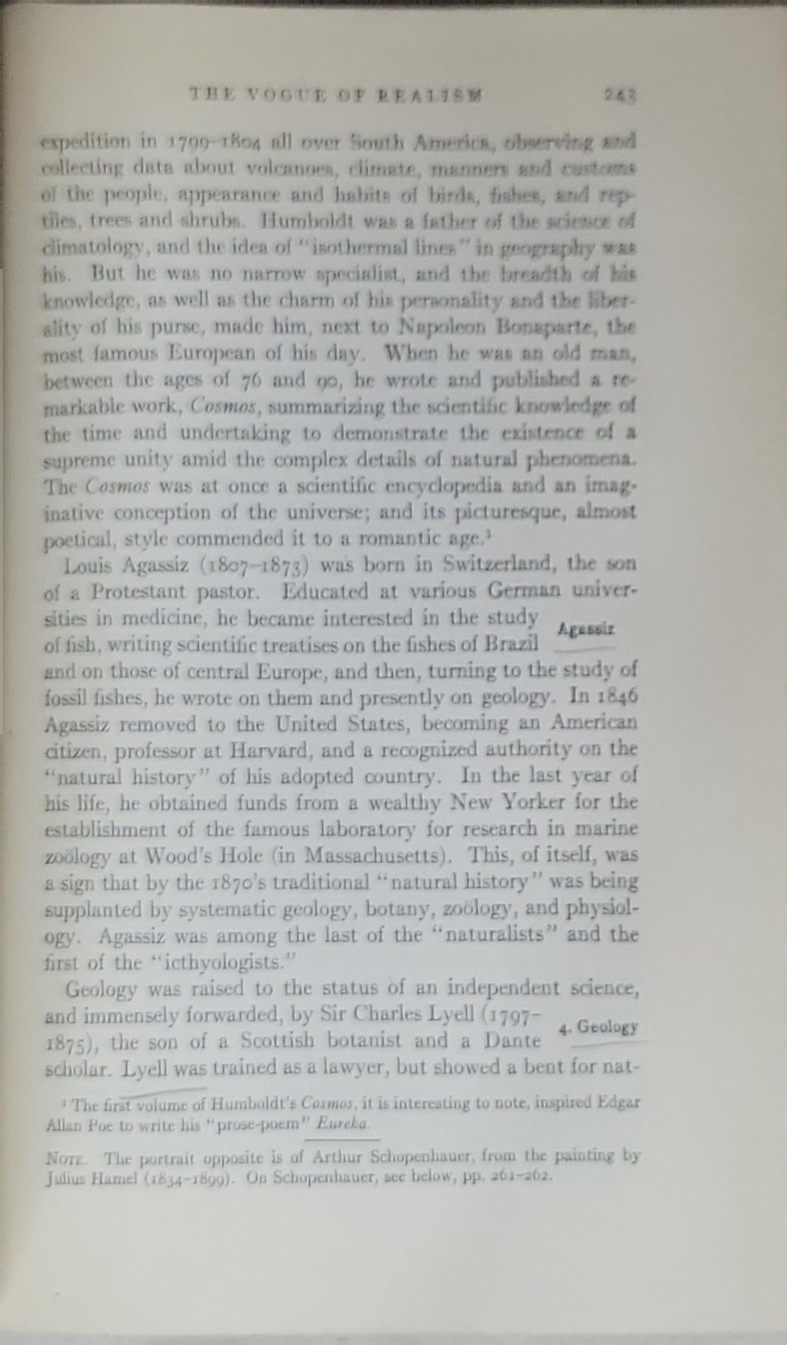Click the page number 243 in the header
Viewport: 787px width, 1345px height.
(x=620, y=95)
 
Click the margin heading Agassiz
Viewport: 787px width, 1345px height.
(x=586, y=629)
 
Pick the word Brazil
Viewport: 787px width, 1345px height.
(x=511, y=644)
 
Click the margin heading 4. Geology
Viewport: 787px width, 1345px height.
(x=599, y=1027)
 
